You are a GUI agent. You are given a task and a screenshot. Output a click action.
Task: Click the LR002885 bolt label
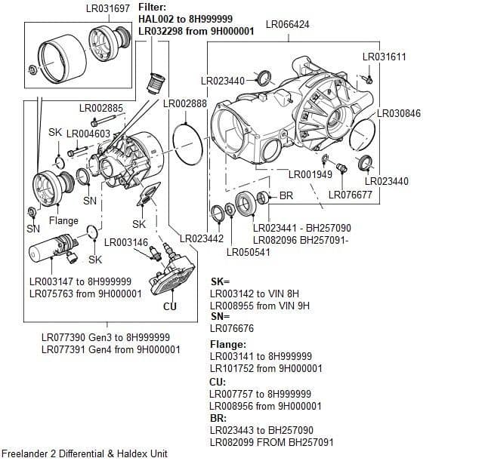tap(100, 109)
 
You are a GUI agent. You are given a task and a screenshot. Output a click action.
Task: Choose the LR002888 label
tap(185, 103)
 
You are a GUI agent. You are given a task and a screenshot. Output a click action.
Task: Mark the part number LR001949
tap(310, 174)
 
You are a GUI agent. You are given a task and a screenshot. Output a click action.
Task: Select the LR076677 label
tap(350, 195)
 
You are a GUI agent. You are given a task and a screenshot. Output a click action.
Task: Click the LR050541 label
tap(249, 252)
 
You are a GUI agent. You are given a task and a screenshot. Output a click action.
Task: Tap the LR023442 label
tap(202, 239)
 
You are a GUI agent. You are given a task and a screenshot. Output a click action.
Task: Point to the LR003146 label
tap(125, 242)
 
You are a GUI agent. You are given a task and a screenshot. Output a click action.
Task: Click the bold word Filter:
tap(154, 7)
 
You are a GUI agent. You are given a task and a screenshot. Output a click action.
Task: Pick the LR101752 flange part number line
tap(266, 368)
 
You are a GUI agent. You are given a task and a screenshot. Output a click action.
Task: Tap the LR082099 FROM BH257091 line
tap(271, 441)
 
